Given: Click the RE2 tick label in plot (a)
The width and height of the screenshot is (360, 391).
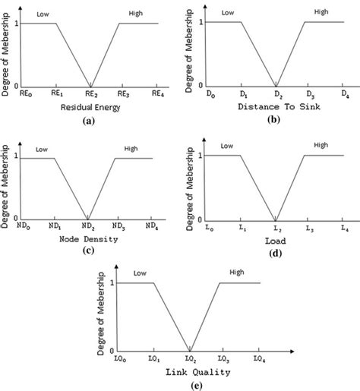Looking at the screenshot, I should click(x=90, y=93).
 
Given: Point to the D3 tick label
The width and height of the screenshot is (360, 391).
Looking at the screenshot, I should click(x=311, y=94).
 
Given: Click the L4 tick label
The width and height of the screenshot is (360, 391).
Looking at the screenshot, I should click(x=345, y=228).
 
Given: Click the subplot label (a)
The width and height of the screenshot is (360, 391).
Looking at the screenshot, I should click(x=90, y=122).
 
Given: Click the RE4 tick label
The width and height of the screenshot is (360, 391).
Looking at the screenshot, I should click(x=157, y=93).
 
